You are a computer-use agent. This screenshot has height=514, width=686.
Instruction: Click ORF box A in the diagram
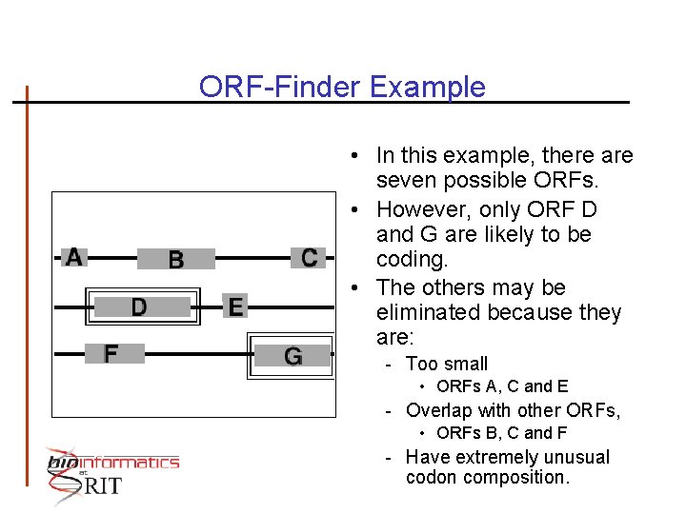point(74,257)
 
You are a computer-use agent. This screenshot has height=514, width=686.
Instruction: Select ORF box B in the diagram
point(176,259)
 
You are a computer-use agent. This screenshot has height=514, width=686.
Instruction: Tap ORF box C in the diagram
point(309,257)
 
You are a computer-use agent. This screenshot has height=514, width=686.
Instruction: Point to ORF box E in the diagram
point(235,306)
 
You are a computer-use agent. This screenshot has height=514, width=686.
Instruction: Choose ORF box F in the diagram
point(112,353)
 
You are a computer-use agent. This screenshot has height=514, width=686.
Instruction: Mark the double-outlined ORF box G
point(293,356)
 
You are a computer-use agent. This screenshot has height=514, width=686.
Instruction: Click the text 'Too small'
point(447,364)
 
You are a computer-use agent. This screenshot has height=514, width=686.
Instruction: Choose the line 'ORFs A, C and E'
point(502,386)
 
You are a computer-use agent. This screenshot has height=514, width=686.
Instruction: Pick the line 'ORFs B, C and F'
point(502,433)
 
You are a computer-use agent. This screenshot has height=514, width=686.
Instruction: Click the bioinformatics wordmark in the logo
point(114,463)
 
